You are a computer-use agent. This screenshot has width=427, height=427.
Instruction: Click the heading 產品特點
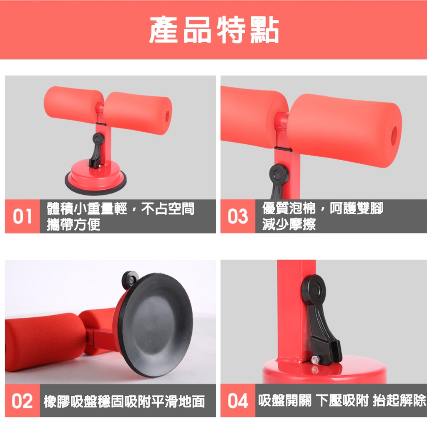(x=214, y=30)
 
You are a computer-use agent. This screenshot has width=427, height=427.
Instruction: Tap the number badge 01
(x=23, y=216)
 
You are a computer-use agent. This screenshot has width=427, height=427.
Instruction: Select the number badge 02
(x=22, y=401)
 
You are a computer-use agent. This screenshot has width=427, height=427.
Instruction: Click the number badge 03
(x=238, y=216)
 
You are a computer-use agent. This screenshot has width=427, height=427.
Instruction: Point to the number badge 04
(x=238, y=401)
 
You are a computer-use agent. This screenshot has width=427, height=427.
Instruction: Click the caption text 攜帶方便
(x=73, y=225)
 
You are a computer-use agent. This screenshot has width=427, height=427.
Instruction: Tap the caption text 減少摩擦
(x=289, y=224)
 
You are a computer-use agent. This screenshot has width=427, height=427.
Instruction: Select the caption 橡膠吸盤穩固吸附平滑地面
(x=124, y=402)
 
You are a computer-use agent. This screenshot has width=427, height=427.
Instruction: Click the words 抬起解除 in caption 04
(x=399, y=400)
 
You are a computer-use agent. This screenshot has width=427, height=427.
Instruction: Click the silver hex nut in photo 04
(x=315, y=360)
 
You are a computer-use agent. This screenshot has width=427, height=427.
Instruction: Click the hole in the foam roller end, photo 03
(x=394, y=136)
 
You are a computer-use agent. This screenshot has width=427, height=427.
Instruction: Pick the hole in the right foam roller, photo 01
(x=167, y=116)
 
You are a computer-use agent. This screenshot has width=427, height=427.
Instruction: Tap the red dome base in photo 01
(x=95, y=177)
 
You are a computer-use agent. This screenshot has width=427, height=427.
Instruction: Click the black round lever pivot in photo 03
(x=279, y=174)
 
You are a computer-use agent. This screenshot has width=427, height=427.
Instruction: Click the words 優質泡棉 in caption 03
(x=289, y=208)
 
